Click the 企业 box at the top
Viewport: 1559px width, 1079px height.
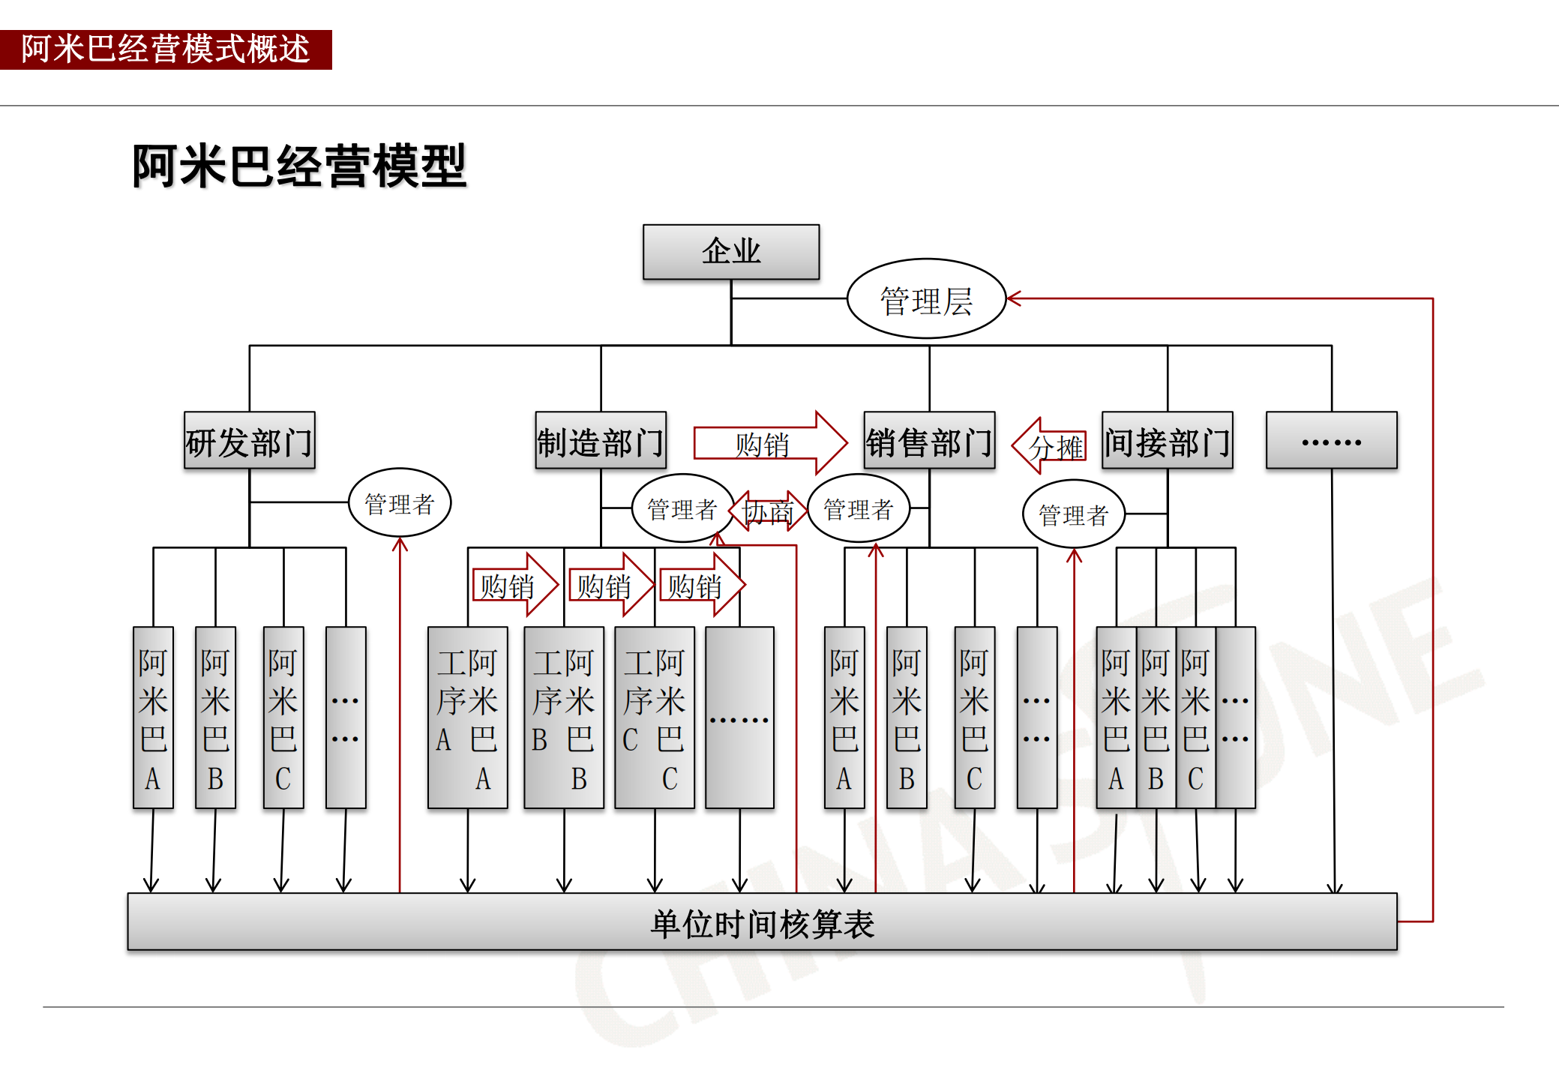click(x=730, y=252)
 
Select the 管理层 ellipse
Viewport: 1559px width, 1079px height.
click(x=926, y=299)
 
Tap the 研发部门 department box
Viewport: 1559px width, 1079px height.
click(x=249, y=441)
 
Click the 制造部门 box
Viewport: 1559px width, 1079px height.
click(x=600, y=441)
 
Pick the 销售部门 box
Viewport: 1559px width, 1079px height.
click(x=929, y=441)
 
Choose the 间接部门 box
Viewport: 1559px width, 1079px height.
click(x=1167, y=441)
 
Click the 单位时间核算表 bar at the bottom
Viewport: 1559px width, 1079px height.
click(x=761, y=922)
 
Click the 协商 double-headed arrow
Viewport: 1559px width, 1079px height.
click(x=768, y=511)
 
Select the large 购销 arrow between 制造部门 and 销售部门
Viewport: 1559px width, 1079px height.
click(x=769, y=443)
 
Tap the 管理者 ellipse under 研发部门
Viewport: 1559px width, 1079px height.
click(x=400, y=503)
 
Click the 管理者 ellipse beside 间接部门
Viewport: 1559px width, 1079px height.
click(x=1073, y=514)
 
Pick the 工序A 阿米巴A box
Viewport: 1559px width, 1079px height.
click(x=467, y=718)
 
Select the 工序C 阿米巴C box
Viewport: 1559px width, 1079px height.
click(x=654, y=718)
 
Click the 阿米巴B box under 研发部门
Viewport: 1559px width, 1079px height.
click(x=215, y=718)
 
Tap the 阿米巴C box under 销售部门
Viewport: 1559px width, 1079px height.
click(x=974, y=718)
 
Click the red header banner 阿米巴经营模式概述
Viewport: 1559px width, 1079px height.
click(x=166, y=49)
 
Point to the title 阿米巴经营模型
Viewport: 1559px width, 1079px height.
click(x=299, y=166)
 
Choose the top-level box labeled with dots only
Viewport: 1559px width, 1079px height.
click(x=1331, y=441)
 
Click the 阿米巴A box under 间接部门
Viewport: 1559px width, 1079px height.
click(x=1116, y=718)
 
